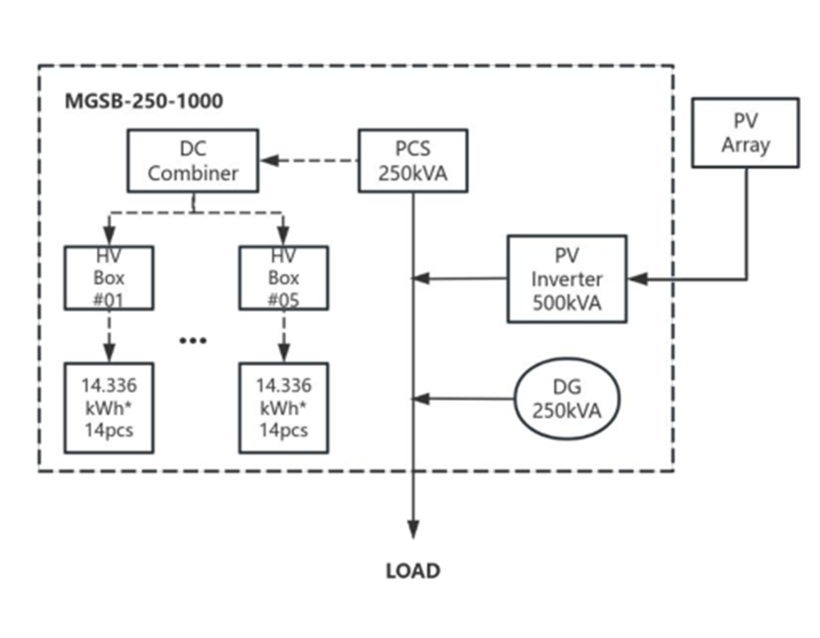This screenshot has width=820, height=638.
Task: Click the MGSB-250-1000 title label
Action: coord(143,101)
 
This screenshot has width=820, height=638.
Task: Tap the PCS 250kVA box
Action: coord(413,160)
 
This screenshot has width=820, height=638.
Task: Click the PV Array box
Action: coord(745,133)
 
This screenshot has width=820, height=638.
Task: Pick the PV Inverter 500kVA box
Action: coord(567,278)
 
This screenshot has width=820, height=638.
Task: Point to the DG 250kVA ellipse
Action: coord(567,398)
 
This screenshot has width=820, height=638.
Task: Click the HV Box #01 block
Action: coord(109,278)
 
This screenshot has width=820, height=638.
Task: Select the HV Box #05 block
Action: coord(282,278)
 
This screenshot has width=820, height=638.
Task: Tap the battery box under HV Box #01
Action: coord(109,407)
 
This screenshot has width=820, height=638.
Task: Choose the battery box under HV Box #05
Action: coord(282,407)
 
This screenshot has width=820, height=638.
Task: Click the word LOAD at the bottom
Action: coord(413,571)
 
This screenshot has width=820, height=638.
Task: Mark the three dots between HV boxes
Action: coord(194,340)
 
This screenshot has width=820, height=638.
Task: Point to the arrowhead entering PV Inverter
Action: coord(638,278)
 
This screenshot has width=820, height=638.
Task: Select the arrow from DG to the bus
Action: coord(465,398)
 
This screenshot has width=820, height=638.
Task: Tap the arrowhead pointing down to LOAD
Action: coord(414,530)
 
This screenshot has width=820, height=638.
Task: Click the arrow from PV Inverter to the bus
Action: coord(460,278)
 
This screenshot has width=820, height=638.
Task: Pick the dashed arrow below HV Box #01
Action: coord(109,335)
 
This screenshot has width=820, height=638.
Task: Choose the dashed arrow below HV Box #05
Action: coord(282,335)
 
